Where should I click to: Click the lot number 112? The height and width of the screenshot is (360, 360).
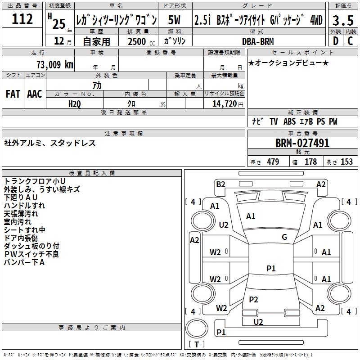(x=22, y=19)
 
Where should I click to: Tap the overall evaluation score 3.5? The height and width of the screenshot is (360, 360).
(x=342, y=20)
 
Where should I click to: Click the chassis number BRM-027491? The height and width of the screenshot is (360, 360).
(x=302, y=143)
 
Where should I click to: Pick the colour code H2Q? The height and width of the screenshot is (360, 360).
(x=75, y=104)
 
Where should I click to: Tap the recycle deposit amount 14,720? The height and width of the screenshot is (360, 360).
(x=224, y=104)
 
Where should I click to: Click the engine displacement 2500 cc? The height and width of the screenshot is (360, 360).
(x=137, y=41)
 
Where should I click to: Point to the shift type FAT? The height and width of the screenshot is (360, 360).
(x=13, y=94)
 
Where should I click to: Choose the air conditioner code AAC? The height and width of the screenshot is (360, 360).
(x=34, y=94)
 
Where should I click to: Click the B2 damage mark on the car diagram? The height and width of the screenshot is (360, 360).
(x=220, y=184)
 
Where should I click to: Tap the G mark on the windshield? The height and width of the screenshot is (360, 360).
(x=284, y=237)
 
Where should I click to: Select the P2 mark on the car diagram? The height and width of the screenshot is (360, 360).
(x=253, y=300)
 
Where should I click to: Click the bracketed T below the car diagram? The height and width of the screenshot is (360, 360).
(x=197, y=345)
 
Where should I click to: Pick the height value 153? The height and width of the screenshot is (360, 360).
(x=346, y=162)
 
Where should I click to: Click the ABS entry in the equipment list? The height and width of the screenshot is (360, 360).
(x=290, y=121)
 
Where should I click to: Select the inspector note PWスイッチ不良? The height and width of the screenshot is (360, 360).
(x=31, y=254)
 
